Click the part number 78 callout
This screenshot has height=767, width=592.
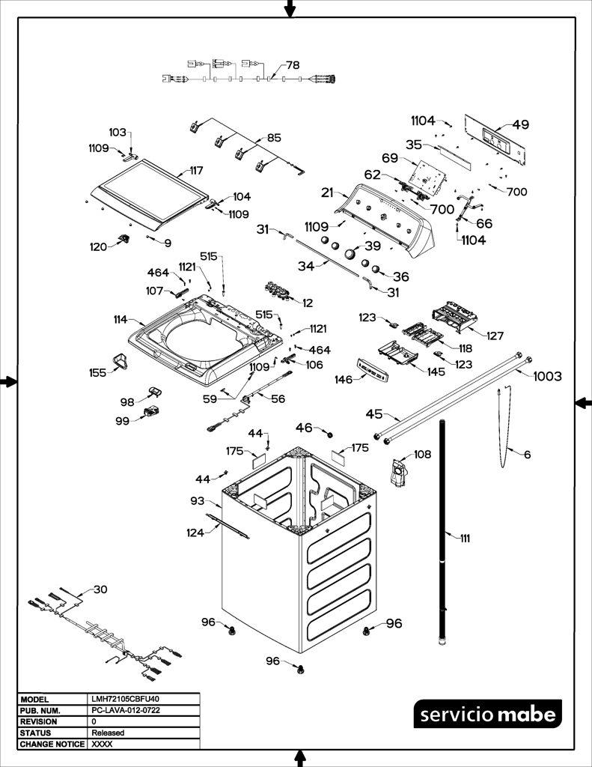(293, 65)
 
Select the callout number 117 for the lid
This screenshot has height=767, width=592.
(197, 171)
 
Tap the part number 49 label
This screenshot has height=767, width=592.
(521, 124)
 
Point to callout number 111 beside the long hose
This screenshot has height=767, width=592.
(465, 538)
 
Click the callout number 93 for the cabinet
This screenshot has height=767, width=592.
(198, 501)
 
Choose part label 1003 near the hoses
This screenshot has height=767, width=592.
(548, 376)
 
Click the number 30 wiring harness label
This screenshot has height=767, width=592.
(100, 589)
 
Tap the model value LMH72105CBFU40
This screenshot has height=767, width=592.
(125, 699)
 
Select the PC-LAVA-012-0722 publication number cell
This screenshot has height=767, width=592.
(126, 710)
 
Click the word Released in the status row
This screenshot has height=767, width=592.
(108, 733)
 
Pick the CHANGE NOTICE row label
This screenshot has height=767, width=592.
(52, 744)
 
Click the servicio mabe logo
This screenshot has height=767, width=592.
(488, 714)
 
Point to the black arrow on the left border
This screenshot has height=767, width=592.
(9, 381)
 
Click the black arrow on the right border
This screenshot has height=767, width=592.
(583, 403)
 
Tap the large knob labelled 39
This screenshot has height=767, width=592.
(350, 253)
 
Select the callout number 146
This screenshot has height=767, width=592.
(344, 380)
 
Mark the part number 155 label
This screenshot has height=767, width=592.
(98, 373)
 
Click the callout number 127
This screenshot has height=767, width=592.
(495, 336)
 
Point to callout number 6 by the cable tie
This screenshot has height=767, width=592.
(527, 455)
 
